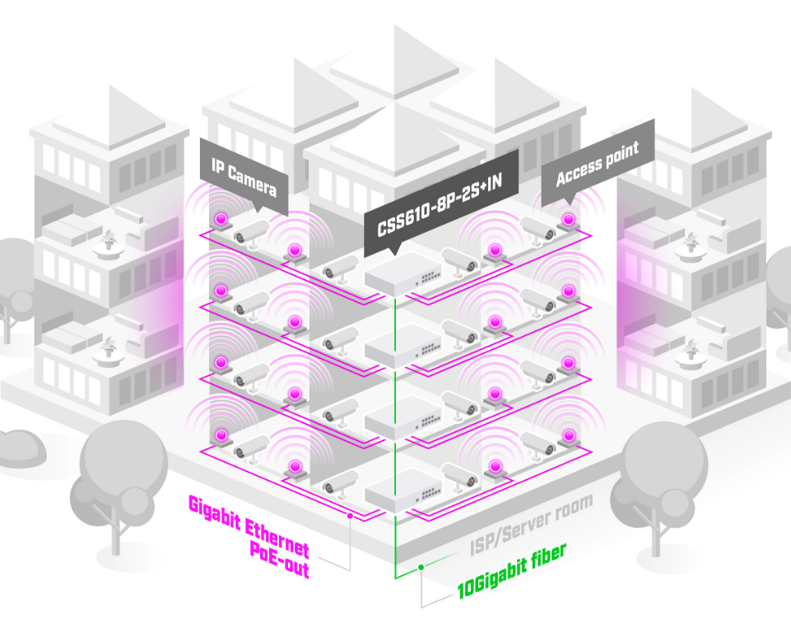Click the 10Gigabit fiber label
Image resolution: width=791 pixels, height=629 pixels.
pos(511,572)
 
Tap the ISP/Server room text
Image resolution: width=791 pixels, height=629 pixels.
pos(530,524)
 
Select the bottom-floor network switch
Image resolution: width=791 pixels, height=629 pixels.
pos(401,493)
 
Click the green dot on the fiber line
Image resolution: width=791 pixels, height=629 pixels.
pos(420,567)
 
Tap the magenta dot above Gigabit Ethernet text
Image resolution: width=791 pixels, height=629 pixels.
pos(351,516)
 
